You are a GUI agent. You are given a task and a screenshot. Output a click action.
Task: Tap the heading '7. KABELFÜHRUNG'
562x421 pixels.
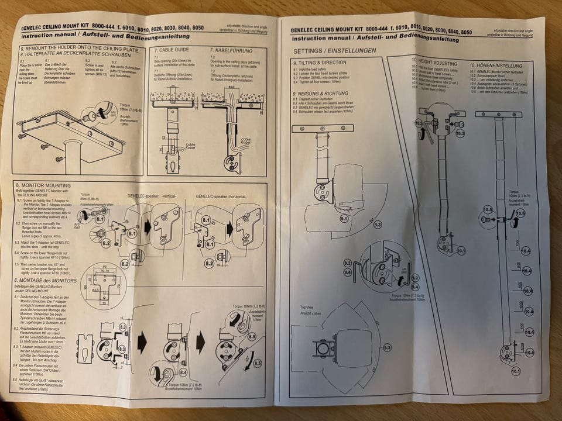[234, 50]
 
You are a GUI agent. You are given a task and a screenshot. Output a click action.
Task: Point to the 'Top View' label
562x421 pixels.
[309, 308]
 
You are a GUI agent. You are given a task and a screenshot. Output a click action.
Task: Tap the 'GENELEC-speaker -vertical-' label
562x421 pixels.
[152, 196]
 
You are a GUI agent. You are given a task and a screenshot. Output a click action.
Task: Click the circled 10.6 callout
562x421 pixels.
[520, 213]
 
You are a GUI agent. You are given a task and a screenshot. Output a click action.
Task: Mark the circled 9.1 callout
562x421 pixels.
[344, 219]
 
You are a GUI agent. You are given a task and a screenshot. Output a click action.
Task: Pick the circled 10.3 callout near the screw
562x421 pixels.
[459, 133]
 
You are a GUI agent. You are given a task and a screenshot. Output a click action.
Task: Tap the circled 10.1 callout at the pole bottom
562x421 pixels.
[516, 371]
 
